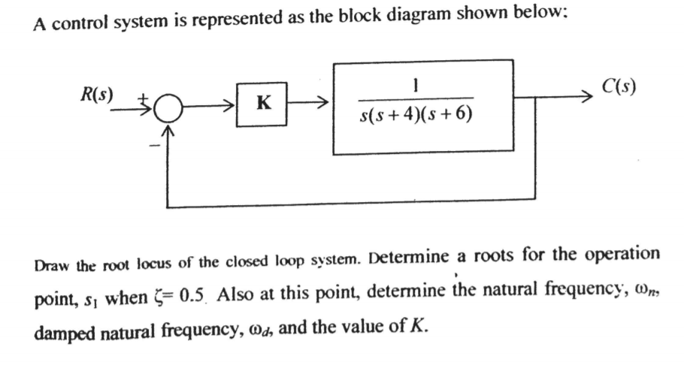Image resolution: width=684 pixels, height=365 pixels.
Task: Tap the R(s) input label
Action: click(x=97, y=95)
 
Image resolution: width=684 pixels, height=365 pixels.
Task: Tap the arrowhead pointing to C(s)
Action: click(x=587, y=97)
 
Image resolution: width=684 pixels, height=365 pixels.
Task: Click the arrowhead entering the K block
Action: click(x=230, y=105)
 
